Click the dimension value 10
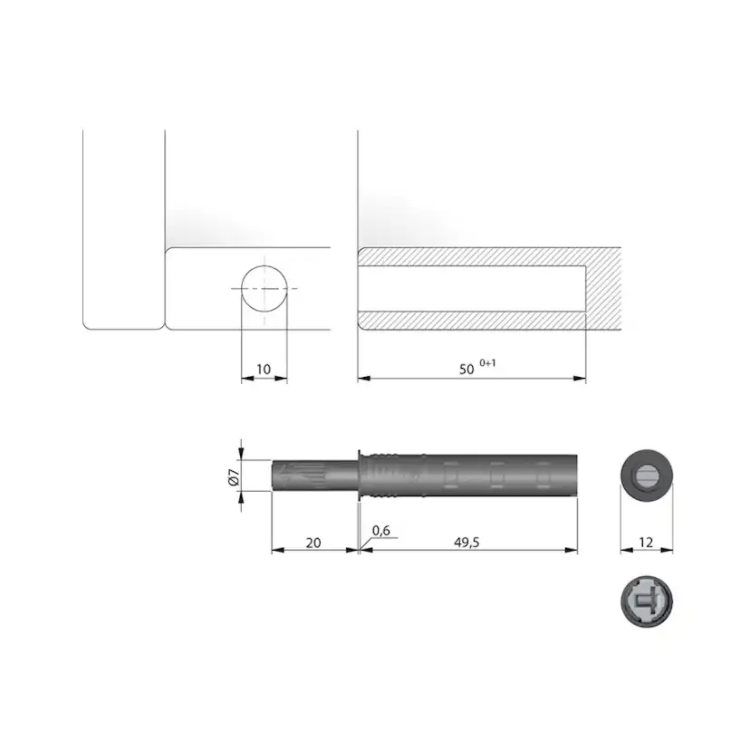(264, 370)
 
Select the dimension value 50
(466, 370)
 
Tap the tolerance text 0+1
(487, 363)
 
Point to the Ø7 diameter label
(234, 477)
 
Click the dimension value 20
(313, 543)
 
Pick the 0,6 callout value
(380, 531)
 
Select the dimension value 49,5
(466, 543)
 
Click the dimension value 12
(646, 543)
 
